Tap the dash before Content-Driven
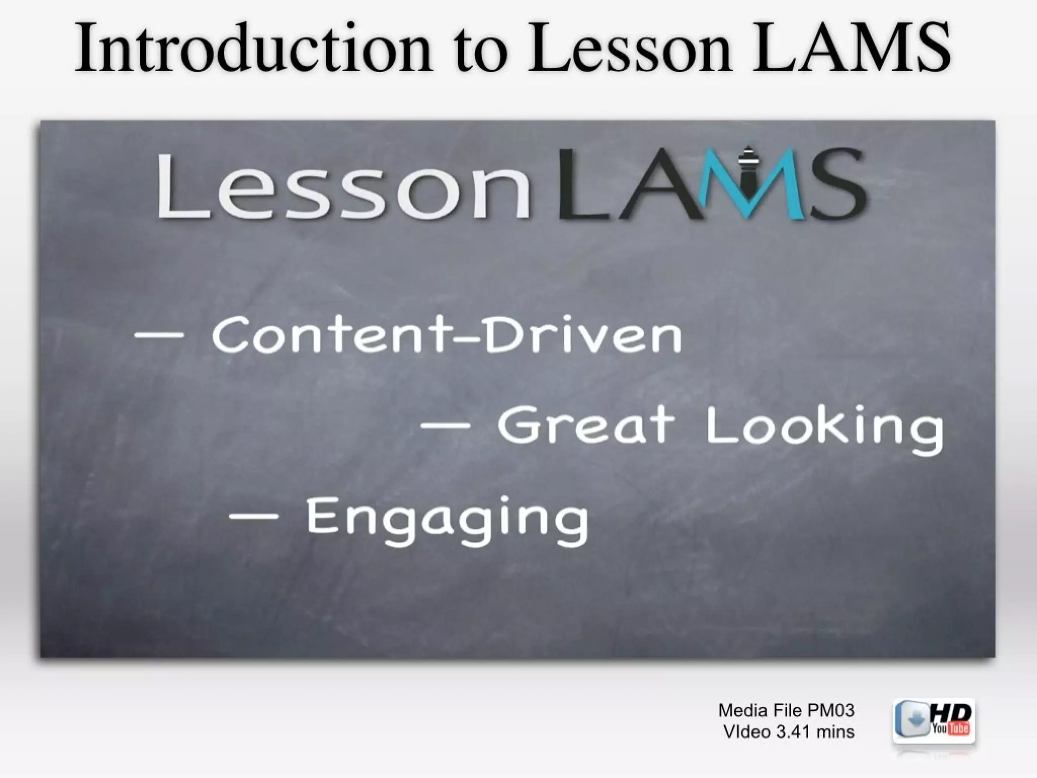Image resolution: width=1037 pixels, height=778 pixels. [159, 335]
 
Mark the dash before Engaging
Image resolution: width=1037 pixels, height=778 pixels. [253, 517]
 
